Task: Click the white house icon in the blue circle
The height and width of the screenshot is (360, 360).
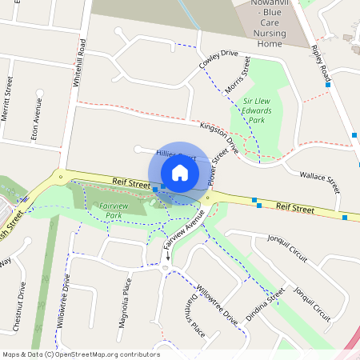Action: [180, 173]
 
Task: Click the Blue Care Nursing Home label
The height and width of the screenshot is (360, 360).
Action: [269, 24]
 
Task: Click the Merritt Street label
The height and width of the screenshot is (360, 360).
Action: [8, 99]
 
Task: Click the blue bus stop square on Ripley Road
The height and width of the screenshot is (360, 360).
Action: [339, 84]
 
